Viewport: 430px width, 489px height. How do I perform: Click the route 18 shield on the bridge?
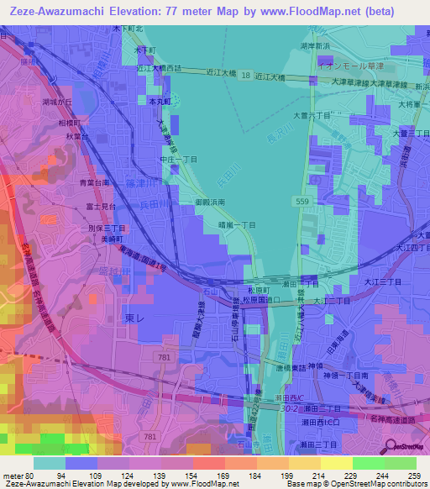click(245, 76)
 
